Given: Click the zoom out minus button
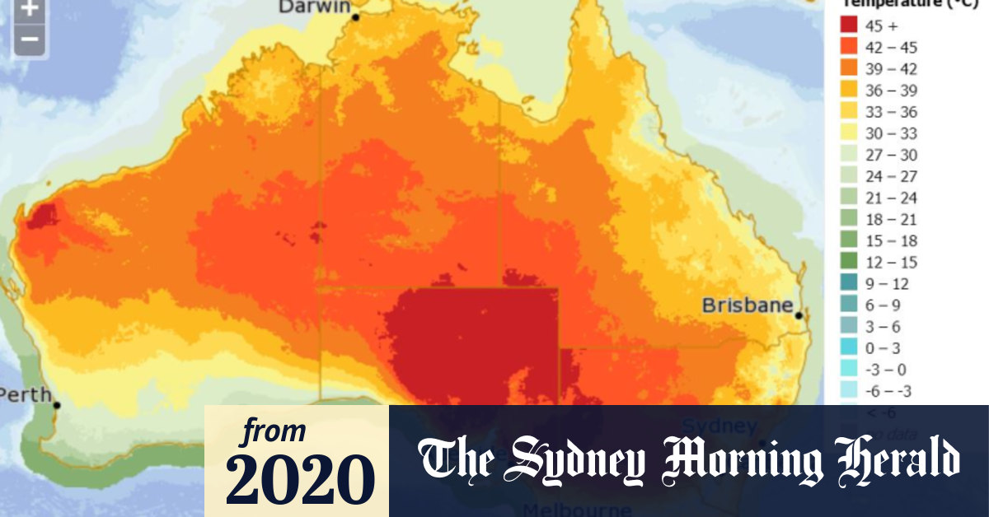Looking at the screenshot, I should click(30, 39).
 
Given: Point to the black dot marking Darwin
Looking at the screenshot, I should click(356, 16).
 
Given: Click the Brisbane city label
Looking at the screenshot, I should click(747, 305).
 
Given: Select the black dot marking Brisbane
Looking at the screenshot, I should click(799, 315).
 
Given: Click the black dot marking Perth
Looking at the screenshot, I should click(57, 405).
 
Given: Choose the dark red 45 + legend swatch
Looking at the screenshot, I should click(850, 26).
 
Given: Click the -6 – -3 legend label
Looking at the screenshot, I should click(888, 390).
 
